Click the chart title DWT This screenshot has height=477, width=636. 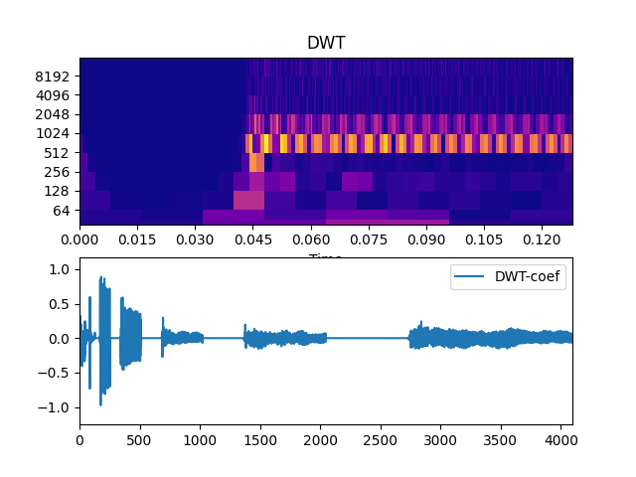326,44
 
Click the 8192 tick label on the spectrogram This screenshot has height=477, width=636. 54,77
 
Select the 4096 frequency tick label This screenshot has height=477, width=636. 54,95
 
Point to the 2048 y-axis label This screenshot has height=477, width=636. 54,115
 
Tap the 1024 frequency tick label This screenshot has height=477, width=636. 54,134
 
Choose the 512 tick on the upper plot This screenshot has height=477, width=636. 58,153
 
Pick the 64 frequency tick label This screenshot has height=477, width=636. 62,211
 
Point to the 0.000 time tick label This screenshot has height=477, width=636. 80,240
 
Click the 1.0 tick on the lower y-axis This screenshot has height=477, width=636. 62,269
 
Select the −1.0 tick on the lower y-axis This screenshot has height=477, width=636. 57,407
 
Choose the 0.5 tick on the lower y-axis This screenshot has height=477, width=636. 62,304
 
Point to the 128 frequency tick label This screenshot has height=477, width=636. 58,192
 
